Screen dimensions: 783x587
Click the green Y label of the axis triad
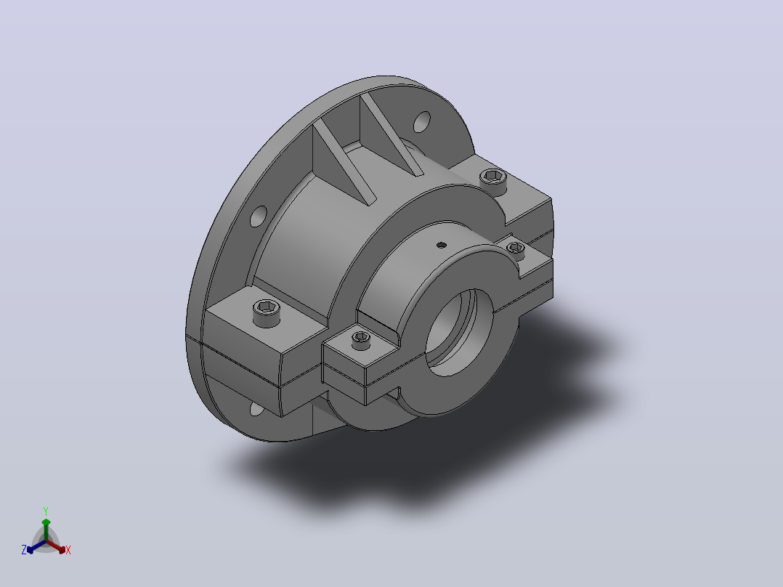click(46, 511)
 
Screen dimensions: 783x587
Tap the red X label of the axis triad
click(68, 550)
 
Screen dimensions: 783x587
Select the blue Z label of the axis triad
click(24, 549)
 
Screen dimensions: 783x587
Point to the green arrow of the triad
click(46, 530)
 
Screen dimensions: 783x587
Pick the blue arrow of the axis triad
click(36, 546)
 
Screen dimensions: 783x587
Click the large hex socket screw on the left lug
click(267, 312)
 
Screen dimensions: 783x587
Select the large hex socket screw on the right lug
click(493, 180)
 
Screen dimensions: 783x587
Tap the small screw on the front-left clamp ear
click(361, 340)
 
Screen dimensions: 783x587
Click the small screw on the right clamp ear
click(516, 249)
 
